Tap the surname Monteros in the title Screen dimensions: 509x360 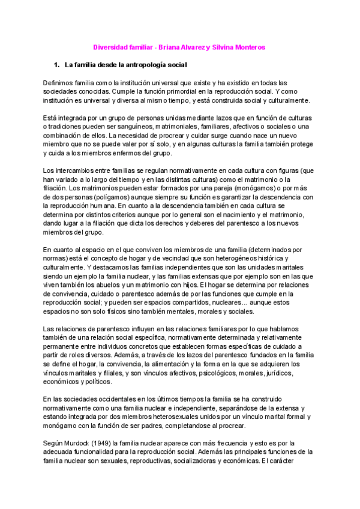tap(250, 47)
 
